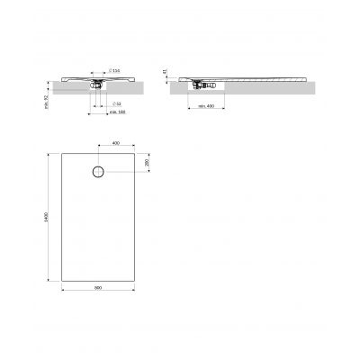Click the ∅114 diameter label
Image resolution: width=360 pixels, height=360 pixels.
(x=116, y=70)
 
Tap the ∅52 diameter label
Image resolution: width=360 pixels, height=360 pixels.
(x=117, y=103)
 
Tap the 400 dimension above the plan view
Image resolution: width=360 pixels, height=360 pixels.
(x=115, y=143)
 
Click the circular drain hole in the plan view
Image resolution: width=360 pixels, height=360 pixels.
(x=97, y=172)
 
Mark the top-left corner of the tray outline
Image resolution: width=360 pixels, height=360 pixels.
(x=61, y=153)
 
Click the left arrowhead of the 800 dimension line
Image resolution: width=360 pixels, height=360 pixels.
(x=63, y=291)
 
